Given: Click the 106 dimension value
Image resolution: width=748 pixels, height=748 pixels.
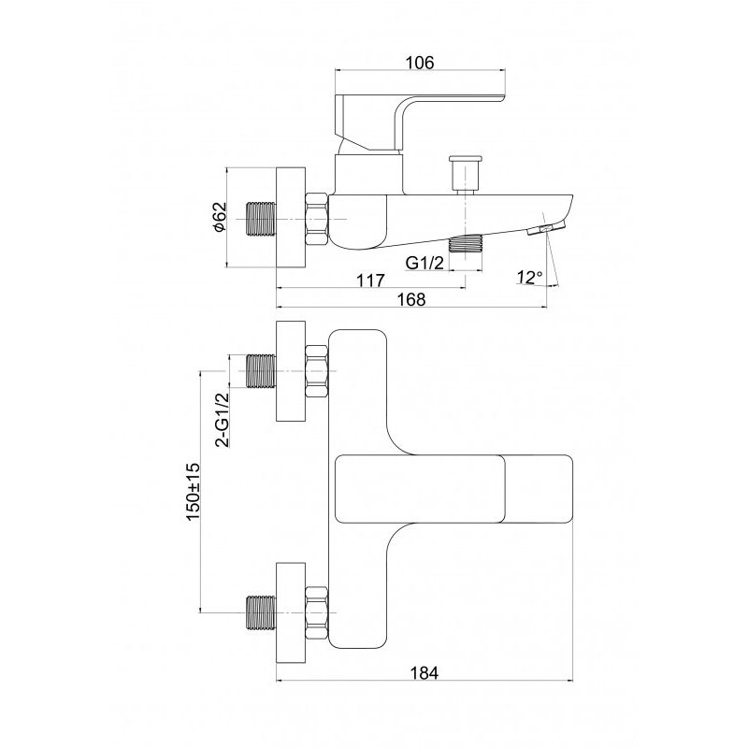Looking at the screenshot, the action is [420, 63].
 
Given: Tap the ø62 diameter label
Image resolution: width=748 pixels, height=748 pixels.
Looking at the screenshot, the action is [220, 218].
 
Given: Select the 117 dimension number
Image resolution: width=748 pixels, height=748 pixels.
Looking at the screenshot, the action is [370, 280].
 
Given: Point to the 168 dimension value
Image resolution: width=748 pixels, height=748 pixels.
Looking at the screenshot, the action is [410, 299].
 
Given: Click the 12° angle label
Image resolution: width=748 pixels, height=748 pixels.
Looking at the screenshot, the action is [529, 277].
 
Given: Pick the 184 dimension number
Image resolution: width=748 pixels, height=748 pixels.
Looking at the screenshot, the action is [424, 672].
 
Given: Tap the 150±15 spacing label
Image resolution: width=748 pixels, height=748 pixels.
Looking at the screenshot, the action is [193, 492].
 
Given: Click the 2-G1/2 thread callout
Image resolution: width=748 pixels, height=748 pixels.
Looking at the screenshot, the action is [222, 420].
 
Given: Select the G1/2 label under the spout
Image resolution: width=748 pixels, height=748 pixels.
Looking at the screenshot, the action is [424, 263].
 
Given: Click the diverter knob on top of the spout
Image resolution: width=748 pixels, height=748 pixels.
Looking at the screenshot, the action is [464, 175].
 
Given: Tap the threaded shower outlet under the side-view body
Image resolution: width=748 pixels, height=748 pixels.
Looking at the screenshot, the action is [465, 243].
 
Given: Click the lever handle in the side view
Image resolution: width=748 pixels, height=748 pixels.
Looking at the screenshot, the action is [420, 124].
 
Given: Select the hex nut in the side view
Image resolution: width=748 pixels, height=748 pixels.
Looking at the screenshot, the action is [317, 220].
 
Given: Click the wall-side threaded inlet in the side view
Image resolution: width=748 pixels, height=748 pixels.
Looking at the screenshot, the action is [261, 220].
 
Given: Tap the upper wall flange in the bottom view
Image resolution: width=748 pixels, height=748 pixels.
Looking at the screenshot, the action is [291, 371].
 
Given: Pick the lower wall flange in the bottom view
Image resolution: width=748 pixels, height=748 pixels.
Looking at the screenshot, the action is [291, 613].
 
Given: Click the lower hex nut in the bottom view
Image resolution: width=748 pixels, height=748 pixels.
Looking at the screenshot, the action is [317, 613].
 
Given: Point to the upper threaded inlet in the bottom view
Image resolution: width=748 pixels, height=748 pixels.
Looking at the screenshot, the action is [261, 371].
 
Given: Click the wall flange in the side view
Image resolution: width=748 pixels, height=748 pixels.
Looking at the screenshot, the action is [291, 217].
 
